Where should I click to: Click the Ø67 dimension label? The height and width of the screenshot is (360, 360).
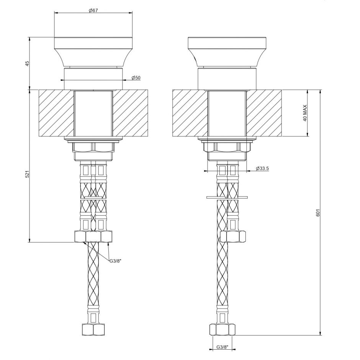point(93,10)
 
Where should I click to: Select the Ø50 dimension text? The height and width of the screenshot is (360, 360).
point(136,78)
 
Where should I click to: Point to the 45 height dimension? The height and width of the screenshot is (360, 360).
point(27,63)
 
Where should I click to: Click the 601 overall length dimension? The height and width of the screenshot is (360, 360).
point(317,213)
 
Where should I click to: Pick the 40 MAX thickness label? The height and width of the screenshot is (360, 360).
point(305,113)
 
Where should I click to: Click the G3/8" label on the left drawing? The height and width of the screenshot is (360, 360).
point(116,261)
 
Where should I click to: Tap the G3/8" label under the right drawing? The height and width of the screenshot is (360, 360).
point(222,347)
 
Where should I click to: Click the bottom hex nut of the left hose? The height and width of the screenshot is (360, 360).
point(93,329)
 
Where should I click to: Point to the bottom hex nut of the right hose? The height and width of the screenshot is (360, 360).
point(222,329)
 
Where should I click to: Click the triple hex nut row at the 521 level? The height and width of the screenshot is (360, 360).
point(93,236)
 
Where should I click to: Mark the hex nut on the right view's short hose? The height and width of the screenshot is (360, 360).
point(233,236)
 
